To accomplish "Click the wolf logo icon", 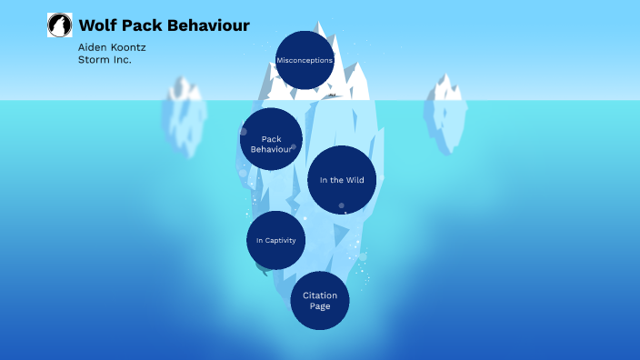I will pos(59,25).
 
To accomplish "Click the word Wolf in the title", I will pos(97,25).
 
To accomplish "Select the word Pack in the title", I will pos(141,25).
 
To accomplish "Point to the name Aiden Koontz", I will pos(112,46).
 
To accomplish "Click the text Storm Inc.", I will pos(105,59).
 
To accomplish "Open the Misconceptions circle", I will pos(305,60).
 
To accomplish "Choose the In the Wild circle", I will pos(342,180).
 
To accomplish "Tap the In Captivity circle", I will pos(276,240).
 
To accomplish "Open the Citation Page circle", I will pos(320,300).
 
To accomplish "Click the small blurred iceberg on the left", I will pos(184,114).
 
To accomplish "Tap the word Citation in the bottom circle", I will pos(320,295).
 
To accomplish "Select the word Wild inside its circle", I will pos(355,180).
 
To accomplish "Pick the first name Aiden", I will pos(92,46).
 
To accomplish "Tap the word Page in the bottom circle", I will pos(320,306).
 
